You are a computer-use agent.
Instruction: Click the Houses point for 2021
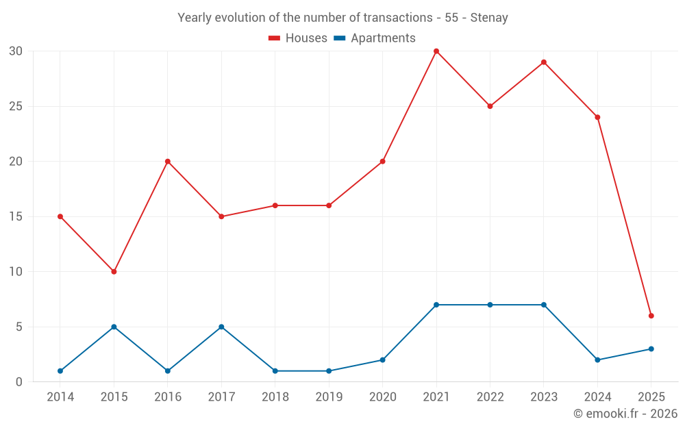click(x=436, y=51)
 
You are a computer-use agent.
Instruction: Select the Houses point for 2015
click(x=114, y=272)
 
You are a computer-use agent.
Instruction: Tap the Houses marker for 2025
click(x=651, y=316)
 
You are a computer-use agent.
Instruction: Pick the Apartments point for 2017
click(x=221, y=327)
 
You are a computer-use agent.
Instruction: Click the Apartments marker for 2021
click(x=436, y=305)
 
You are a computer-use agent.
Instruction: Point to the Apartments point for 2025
click(x=651, y=349)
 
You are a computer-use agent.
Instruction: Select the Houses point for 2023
click(x=544, y=62)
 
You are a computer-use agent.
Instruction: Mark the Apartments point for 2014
click(x=60, y=371)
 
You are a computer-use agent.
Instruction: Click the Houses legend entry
click(x=298, y=38)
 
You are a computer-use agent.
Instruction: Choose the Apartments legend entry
click(x=375, y=38)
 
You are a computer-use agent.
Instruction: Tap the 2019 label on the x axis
click(x=329, y=397)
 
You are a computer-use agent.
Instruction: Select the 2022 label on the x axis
click(x=490, y=397)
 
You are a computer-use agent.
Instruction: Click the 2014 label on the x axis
click(x=60, y=397)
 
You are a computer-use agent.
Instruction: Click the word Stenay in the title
click(x=489, y=18)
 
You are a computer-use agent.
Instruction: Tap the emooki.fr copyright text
click(x=625, y=414)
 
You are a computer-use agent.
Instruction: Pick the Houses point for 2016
click(x=168, y=162)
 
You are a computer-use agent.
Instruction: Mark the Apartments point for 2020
click(x=382, y=360)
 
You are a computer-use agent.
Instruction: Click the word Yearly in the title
click(x=195, y=18)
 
